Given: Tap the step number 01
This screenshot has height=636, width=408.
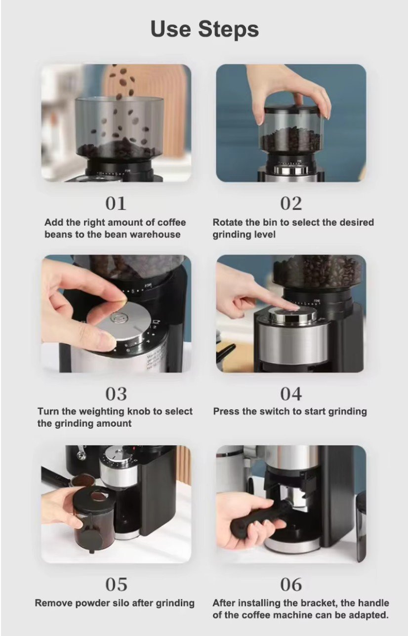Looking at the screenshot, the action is click(116, 203).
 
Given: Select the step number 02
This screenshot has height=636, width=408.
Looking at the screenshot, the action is click(291, 203).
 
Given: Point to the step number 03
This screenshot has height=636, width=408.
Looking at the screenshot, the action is click(116, 394).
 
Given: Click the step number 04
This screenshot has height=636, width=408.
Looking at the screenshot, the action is click(291, 394).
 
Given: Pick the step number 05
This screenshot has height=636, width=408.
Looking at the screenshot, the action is click(116, 585).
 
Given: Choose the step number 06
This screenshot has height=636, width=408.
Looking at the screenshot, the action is click(291, 585).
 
